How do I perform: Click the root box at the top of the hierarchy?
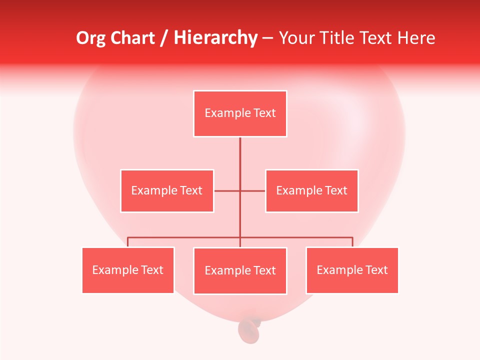[x=240, y=113]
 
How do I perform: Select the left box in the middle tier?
[x=167, y=190]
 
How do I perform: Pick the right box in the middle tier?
[x=311, y=190]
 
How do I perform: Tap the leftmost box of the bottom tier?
[x=128, y=270]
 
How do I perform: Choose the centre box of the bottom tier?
[x=240, y=270]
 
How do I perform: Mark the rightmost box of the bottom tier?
[x=352, y=270]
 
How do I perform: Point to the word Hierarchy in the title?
[x=215, y=38]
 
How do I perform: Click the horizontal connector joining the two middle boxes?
[x=227, y=190]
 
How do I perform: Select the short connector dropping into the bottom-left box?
[x=128, y=242]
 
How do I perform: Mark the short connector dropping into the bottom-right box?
[x=352, y=242]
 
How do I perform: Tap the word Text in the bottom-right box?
[x=376, y=270]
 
